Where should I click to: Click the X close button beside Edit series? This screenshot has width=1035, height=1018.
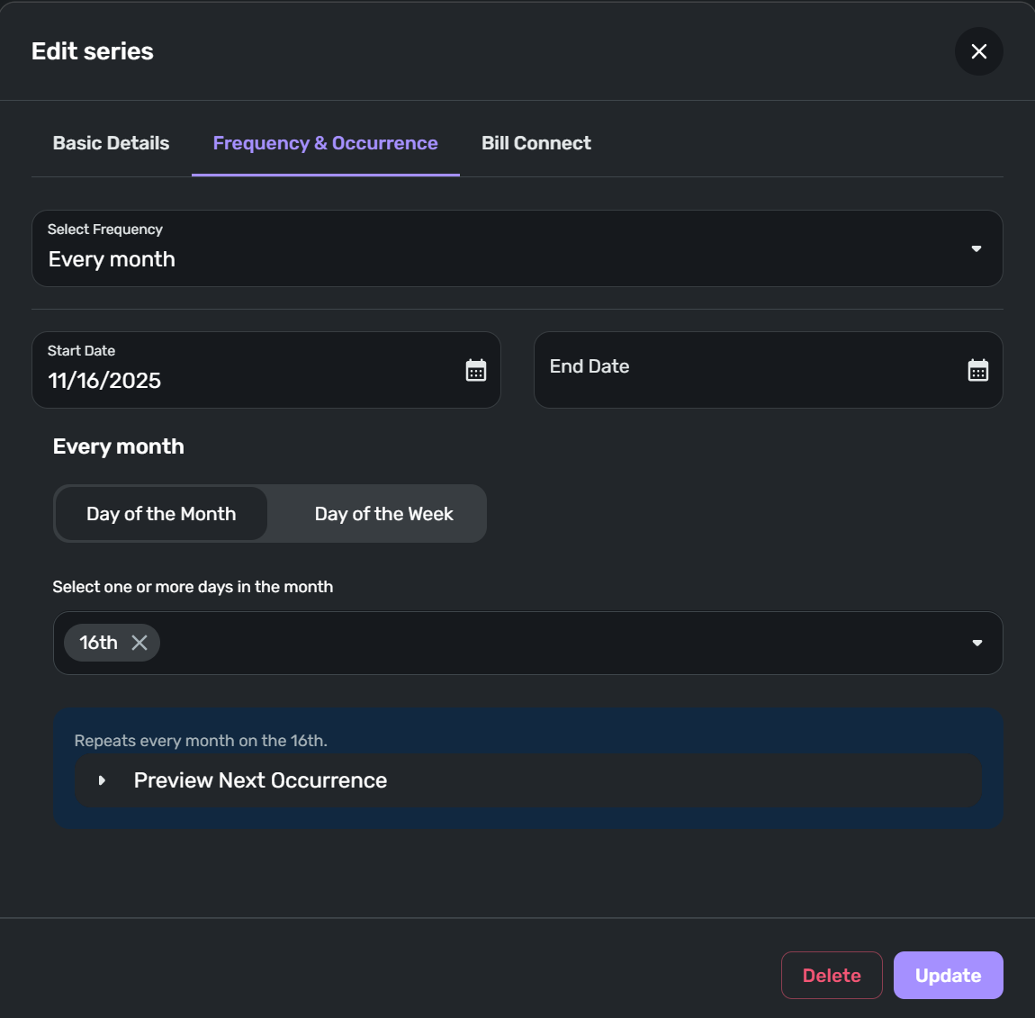pyautogui.click(x=978, y=51)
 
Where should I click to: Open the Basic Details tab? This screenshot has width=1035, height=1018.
pyautogui.click(x=111, y=143)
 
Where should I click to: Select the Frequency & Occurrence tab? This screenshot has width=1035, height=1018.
pyautogui.click(x=325, y=143)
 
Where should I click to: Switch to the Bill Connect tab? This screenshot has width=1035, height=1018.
pyautogui.click(x=535, y=143)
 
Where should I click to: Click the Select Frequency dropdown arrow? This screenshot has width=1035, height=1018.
pyautogui.click(x=976, y=248)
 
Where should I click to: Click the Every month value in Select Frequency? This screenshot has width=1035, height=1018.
pyautogui.click(x=112, y=259)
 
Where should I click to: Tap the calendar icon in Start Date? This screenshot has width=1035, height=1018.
pyautogui.click(x=475, y=370)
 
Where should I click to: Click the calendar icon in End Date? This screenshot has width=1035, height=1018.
pyautogui.click(x=977, y=370)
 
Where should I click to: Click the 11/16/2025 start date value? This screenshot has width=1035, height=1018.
pyautogui.click(x=104, y=381)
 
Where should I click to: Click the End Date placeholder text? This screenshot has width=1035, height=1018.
pyautogui.click(x=589, y=366)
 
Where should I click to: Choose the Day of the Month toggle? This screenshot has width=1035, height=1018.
pyautogui.click(x=161, y=514)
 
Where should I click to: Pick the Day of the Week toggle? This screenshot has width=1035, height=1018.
pyautogui.click(x=383, y=514)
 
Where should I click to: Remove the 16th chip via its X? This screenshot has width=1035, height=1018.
pyautogui.click(x=139, y=643)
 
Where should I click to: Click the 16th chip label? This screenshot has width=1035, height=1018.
pyautogui.click(x=98, y=643)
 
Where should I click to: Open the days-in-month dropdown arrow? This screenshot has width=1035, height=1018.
pyautogui.click(x=976, y=643)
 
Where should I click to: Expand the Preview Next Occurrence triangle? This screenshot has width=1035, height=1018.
pyautogui.click(x=102, y=780)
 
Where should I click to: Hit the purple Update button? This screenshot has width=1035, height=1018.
pyautogui.click(x=948, y=976)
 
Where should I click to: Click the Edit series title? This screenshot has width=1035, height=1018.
pyautogui.click(x=93, y=51)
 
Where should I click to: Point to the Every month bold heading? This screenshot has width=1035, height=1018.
pyautogui.click(x=118, y=446)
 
